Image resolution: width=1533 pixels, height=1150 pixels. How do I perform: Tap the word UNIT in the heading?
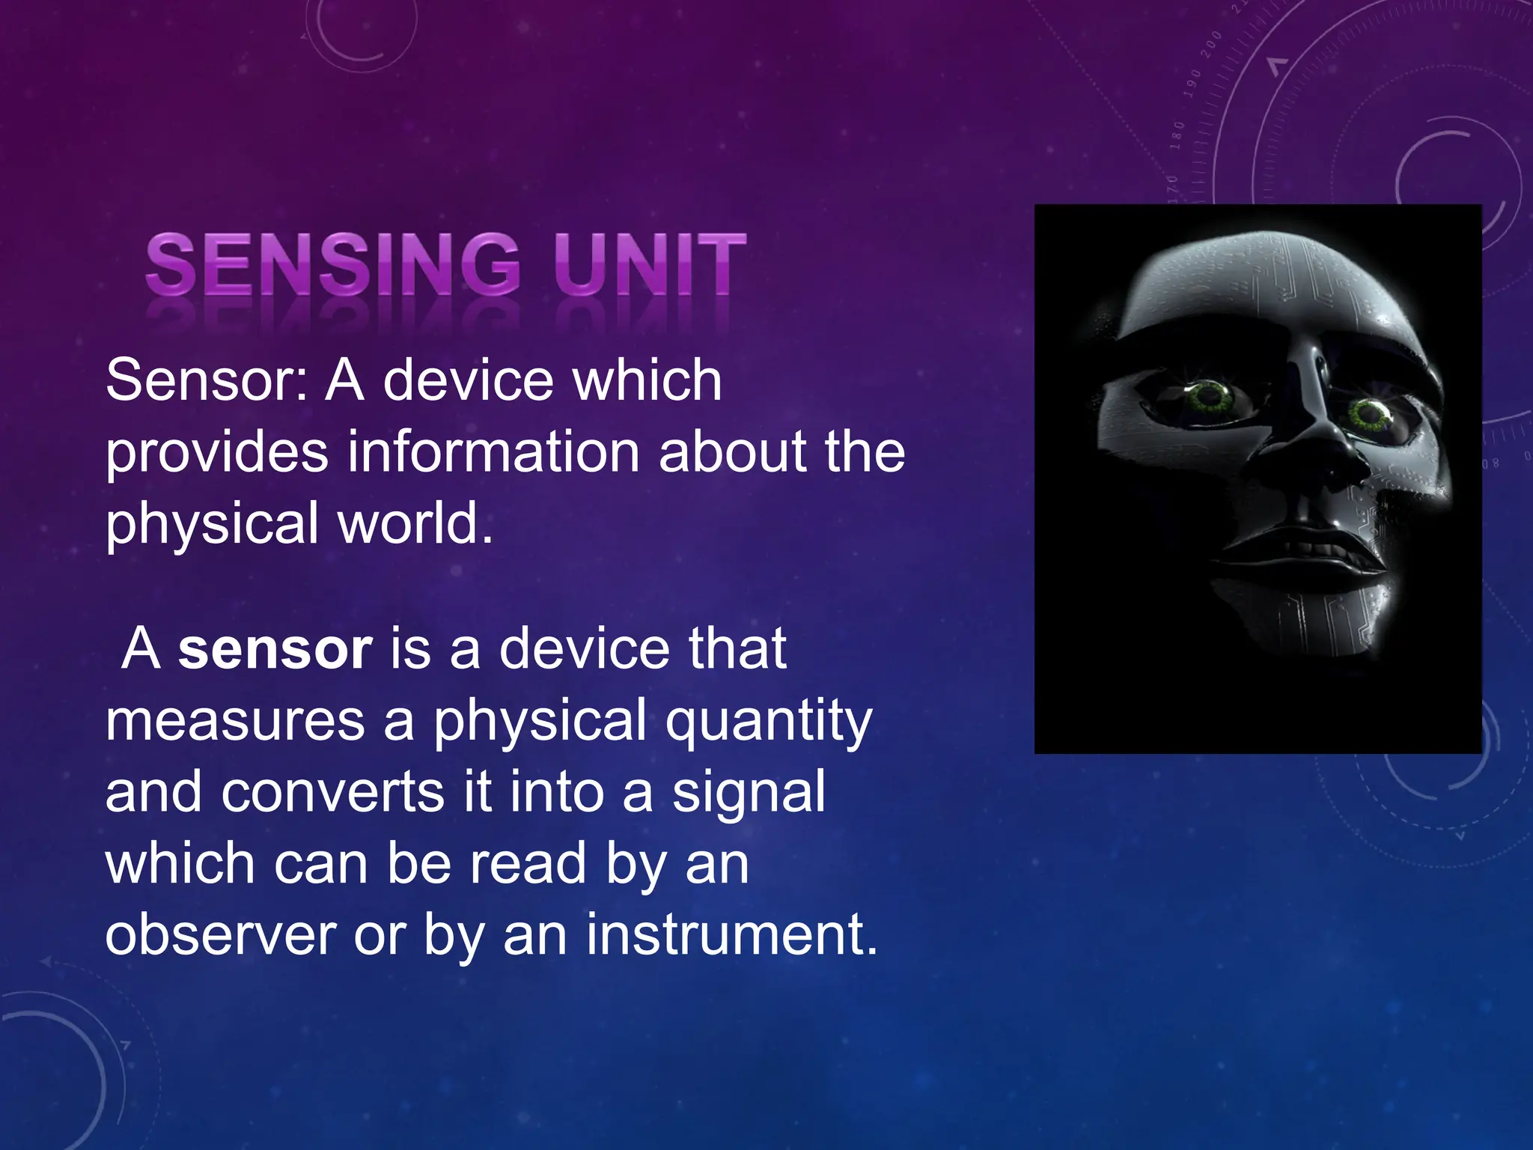point(650,264)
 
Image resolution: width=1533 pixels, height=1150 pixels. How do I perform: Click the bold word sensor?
point(275,649)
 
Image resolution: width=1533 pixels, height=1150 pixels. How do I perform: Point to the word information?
point(493,452)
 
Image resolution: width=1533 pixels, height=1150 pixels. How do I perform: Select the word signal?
point(749,792)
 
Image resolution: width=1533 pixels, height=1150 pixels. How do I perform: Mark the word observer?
point(221,935)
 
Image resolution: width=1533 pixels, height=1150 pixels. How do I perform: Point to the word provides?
point(217,454)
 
